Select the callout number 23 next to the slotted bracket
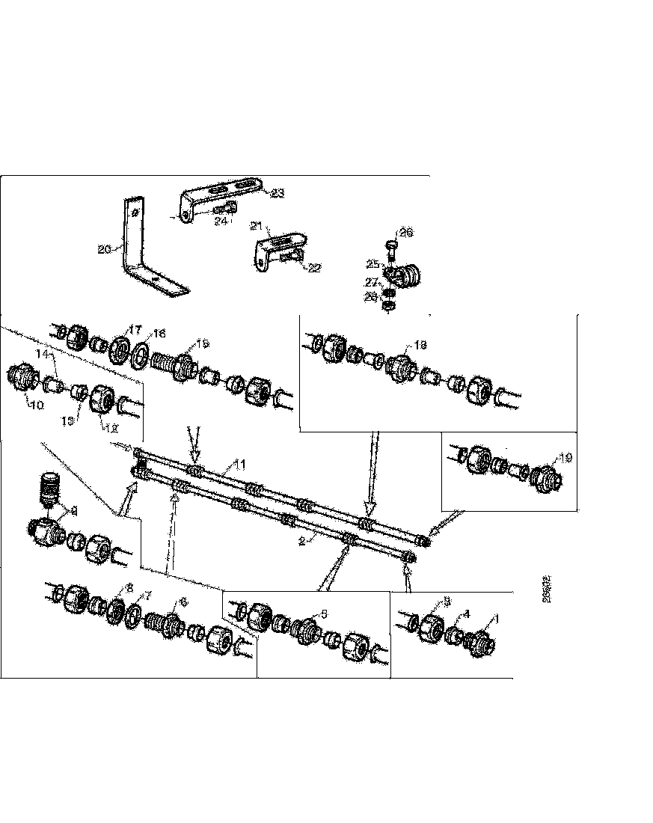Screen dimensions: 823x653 [x=277, y=194]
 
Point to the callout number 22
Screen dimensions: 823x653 [x=314, y=268]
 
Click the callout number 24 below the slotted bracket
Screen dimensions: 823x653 [x=221, y=221]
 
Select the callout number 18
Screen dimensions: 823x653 [x=420, y=346]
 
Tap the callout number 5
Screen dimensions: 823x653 [x=323, y=613]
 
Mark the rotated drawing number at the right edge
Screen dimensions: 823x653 [x=547, y=589]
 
